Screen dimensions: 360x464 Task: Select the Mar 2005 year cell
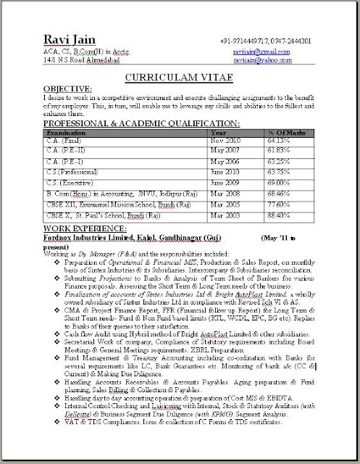tap(223, 205)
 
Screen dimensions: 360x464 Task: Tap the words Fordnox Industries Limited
tap(72, 236)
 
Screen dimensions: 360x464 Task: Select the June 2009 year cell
tap(225, 185)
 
